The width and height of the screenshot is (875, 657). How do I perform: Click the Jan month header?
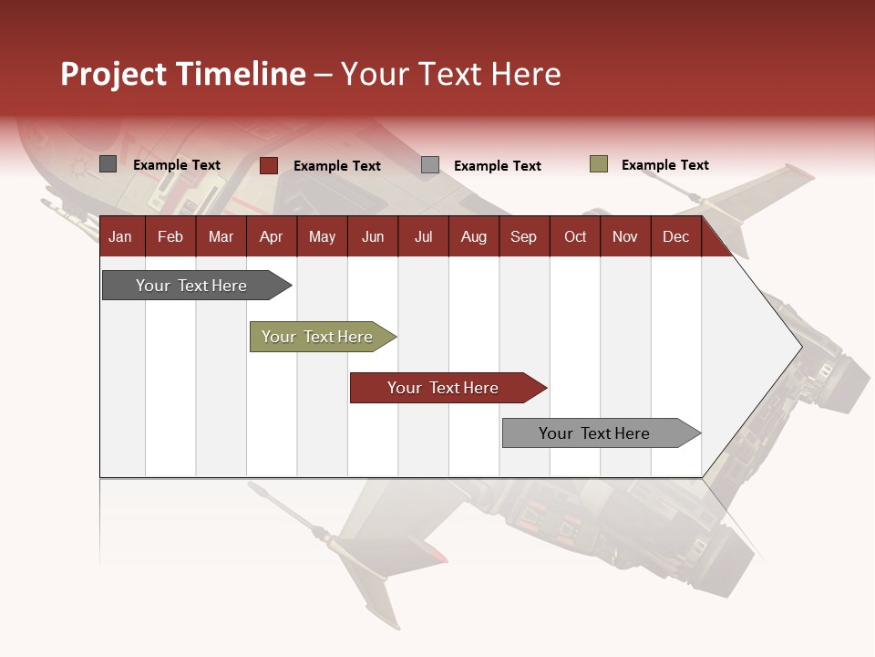coord(120,236)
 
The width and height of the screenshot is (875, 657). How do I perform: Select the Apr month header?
coord(272,236)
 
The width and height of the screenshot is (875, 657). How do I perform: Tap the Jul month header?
coord(423,236)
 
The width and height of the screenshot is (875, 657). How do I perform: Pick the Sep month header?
coord(523,236)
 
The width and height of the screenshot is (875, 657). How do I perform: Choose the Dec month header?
coord(675,236)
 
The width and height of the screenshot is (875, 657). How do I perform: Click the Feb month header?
coord(170,236)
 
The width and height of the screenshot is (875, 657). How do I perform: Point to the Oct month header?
coord(575,236)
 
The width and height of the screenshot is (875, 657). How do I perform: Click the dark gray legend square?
coord(108,164)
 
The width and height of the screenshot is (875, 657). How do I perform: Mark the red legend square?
coord(269,165)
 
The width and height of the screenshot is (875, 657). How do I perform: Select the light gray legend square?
coord(430,164)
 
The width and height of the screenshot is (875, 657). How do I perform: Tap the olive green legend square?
coord(599,164)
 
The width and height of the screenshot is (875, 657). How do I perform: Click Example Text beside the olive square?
coord(664,165)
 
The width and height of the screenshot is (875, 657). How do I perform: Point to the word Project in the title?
coord(114,74)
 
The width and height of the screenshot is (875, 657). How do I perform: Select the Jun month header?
coord(373,236)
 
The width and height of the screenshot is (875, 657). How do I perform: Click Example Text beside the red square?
coord(336,166)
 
